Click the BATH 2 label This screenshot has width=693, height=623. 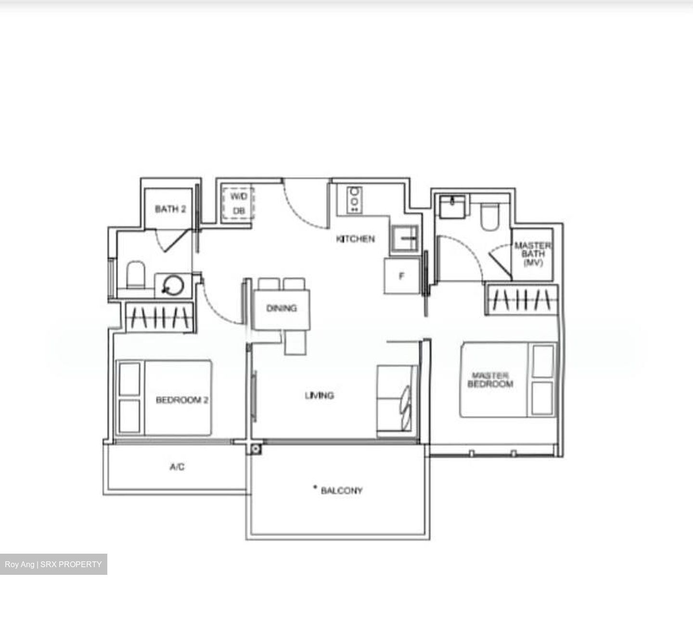[170, 209]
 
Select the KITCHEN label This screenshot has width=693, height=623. [355, 239]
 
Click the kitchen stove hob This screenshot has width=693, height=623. [355, 199]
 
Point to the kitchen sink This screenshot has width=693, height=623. [404, 238]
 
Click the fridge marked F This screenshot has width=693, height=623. [401, 276]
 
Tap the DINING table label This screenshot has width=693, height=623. [282, 308]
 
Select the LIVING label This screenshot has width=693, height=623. [319, 395]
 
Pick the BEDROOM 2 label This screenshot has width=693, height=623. [181, 400]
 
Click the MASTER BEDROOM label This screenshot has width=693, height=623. [490, 379]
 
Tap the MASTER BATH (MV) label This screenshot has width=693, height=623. [533, 254]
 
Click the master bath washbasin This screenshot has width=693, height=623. [452, 207]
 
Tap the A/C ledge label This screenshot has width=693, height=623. [177, 467]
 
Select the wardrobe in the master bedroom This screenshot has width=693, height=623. [522, 300]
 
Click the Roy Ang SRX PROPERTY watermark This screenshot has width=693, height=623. [53, 564]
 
